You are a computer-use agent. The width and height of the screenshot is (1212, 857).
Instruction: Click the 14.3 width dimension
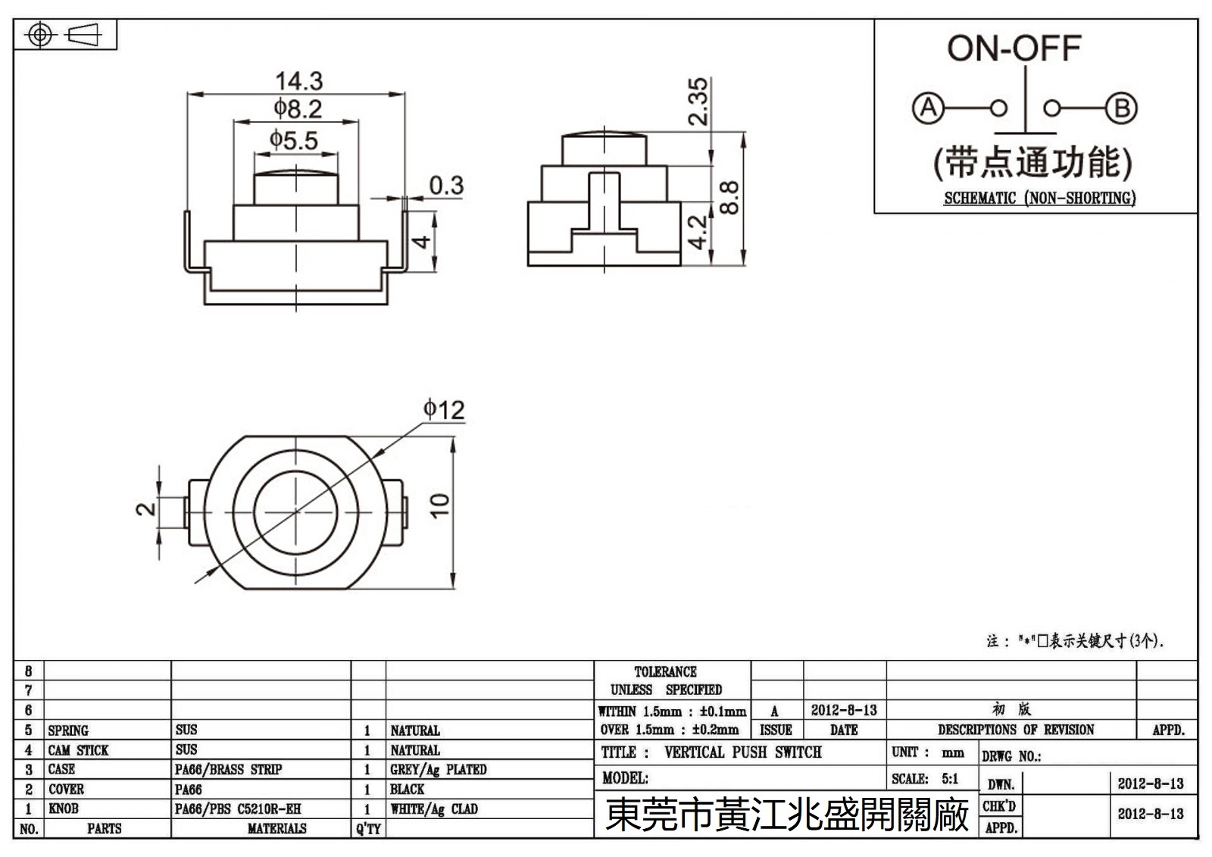click(x=298, y=80)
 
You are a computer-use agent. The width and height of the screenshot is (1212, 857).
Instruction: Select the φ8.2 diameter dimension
click(x=298, y=109)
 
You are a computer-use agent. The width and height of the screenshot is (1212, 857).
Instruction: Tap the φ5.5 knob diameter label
click(x=294, y=140)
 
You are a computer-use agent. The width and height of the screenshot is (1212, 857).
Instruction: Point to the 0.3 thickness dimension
click(x=446, y=186)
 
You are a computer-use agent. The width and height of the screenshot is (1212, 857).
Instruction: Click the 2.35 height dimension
click(x=698, y=101)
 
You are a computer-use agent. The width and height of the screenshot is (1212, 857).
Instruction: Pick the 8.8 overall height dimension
click(x=728, y=198)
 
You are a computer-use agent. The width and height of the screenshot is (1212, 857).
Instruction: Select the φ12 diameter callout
click(x=444, y=410)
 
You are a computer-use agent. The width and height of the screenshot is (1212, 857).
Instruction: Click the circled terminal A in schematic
click(x=928, y=108)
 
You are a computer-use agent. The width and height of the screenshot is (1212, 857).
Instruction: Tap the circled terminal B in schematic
click(x=1121, y=108)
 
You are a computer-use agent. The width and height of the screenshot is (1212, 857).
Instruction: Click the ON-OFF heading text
click(x=1014, y=48)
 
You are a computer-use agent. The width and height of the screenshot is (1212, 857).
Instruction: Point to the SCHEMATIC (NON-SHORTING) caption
click(x=1039, y=199)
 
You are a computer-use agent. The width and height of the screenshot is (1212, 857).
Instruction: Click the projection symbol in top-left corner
click(x=65, y=36)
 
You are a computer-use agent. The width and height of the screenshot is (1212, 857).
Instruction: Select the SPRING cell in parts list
click(x=68, y=730)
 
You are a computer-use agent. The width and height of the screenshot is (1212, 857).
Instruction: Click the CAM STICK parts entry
click(x=78, y=750)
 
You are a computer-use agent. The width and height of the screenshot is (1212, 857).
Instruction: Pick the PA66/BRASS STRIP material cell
click(x=228, y=770)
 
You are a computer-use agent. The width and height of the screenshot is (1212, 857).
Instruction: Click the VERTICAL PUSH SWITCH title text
click(x=742, y=752)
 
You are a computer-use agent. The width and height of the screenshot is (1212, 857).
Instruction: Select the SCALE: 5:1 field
click(x=925, y=779)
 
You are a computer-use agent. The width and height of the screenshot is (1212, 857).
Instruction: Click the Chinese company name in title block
click(x=786, y=815)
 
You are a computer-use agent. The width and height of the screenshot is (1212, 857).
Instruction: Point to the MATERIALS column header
click(x=276, y=829)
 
